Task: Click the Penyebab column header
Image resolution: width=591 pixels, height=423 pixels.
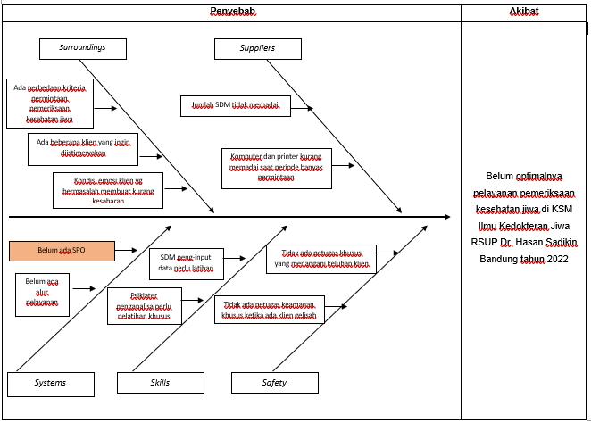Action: (x=230, y=12)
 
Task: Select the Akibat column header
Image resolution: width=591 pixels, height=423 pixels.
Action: (x=524, y=12)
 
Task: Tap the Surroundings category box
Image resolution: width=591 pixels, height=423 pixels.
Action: (x=82, y=48)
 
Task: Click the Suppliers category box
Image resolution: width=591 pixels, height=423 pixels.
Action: (x=257, y=48)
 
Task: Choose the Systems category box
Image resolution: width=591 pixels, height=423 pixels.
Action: (x=50, y=383)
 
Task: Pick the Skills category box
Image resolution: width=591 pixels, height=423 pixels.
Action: (x=155, y=383)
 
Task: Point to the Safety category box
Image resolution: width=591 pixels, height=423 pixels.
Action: (x=274, y=383)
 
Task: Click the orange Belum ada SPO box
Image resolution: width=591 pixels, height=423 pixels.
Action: (x=62, y=251)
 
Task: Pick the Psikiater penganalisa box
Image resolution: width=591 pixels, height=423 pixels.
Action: (x=144, y=305)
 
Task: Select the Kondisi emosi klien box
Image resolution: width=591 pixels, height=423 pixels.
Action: (x=107, y=190)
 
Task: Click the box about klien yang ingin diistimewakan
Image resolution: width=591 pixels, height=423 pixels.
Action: (x=83, y=148)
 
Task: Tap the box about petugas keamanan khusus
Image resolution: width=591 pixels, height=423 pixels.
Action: (x=269, y=310)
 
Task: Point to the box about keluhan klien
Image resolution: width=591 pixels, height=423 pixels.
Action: (x=320, y=260)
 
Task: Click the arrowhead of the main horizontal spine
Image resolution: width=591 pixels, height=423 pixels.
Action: (x=446, y=216)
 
